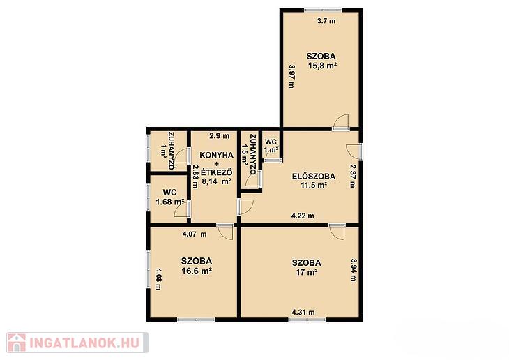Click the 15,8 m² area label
[322, 66]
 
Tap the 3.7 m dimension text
[326, 21]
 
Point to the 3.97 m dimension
[291, 76]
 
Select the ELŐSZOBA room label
[314, 177]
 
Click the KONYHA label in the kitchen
[217, 156]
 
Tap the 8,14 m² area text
[217, 181]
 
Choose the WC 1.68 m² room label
[170, 197]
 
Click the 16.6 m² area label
[197, 271]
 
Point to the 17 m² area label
[306, 272]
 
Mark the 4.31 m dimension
[303, 313]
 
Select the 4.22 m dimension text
[303, 216]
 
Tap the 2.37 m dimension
[353, 176]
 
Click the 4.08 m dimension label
[158, 279]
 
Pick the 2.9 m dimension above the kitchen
[220, 136]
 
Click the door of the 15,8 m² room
[341, 122]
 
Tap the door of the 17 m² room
[336, 232]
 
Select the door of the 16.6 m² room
[225, 232]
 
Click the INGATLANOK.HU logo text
[85, 343]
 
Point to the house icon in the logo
[17, 343]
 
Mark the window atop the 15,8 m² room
[323, 10]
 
